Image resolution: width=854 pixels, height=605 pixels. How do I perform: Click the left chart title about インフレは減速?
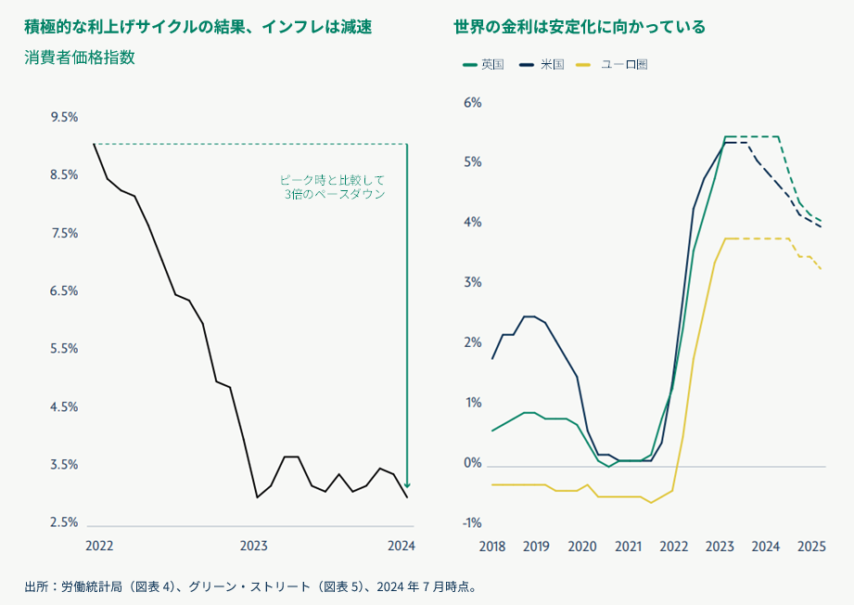pos(198,27)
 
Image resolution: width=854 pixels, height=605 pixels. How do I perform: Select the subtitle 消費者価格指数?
pos(80,57)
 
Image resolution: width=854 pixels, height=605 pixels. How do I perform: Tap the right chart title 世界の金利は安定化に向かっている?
pos(580,27)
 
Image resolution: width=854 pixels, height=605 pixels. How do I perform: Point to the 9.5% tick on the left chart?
pos(64,117)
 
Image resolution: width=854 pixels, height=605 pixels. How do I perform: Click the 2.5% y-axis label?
pos(64,522)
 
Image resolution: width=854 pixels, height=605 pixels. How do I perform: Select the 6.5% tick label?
pos(64,290)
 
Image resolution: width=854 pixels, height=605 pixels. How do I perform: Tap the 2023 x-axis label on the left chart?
pos(254,546)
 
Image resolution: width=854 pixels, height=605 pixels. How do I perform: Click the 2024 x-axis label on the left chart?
pos(401,546)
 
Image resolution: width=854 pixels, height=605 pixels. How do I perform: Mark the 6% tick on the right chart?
pos(473,102)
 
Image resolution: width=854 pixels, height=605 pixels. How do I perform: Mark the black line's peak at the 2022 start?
pos(94,144)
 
